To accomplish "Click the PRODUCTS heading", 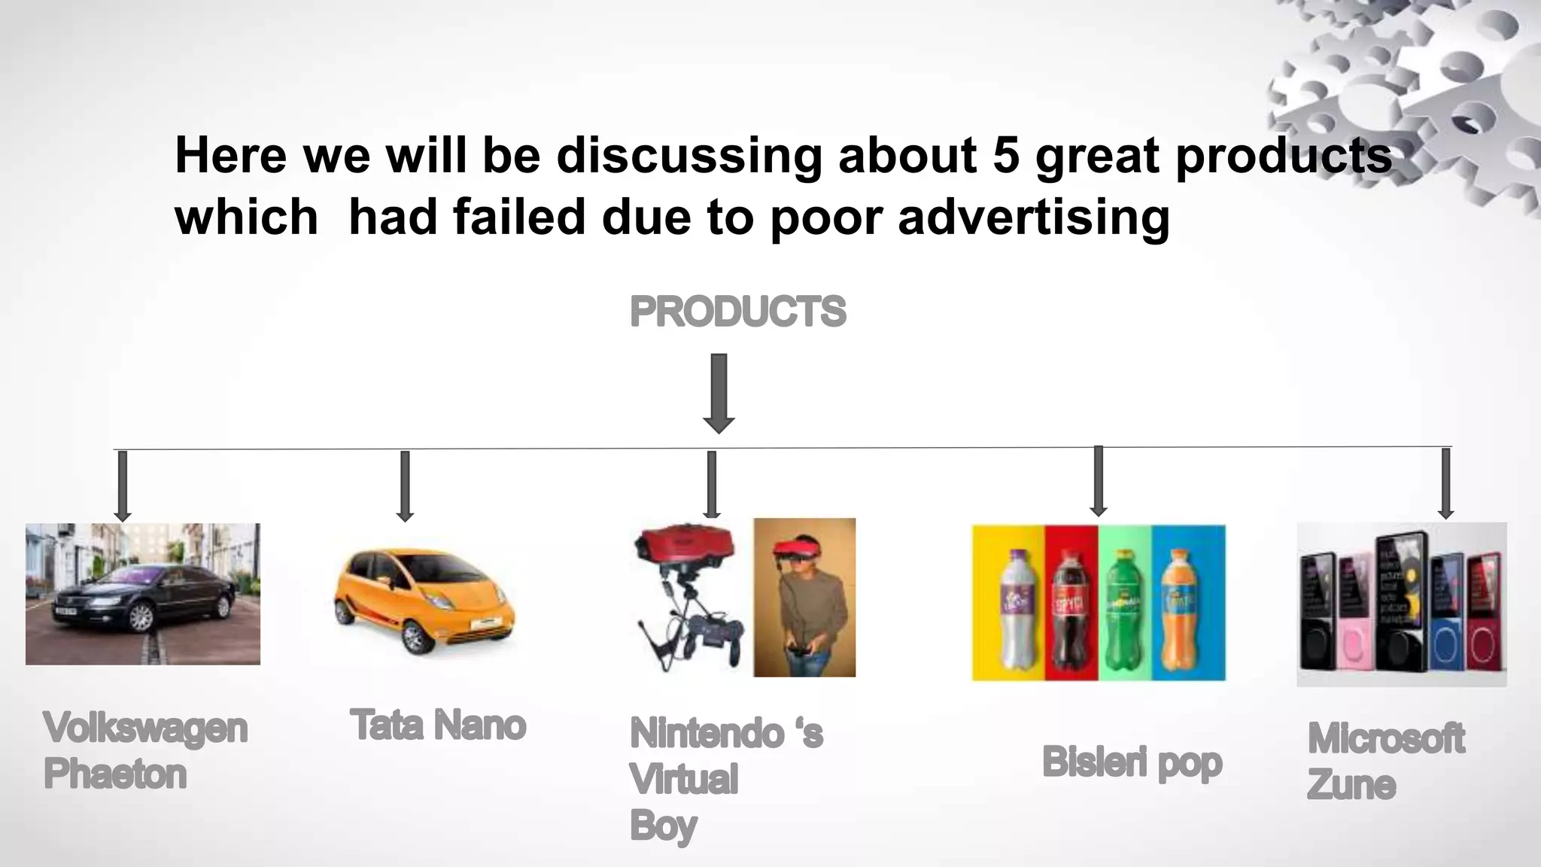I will (737, 312).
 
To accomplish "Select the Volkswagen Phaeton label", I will (144, 750).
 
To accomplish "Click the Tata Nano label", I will (438, 725).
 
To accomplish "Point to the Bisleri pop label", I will (1132, 762).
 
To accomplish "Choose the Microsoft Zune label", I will (1385, 760).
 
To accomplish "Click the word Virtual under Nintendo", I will (683, 779).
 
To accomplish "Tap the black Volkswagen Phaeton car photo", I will (143, 594).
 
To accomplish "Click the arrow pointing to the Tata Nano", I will (405, 485).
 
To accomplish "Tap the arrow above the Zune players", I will (1445, 482).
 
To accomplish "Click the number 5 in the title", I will (1005, 155).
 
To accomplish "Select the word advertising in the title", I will (1034, 217).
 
